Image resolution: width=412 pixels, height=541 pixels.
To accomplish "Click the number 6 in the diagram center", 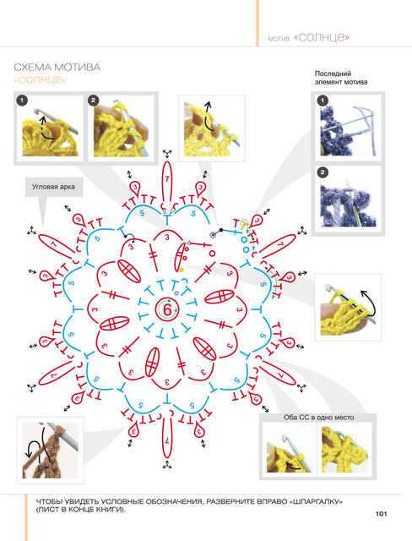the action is click(167, 309).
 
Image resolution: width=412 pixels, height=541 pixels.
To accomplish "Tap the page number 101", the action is click(381, 514).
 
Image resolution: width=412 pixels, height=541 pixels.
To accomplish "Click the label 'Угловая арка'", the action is click(53, 187).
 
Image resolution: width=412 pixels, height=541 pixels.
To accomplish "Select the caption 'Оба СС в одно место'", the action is click(318, 418).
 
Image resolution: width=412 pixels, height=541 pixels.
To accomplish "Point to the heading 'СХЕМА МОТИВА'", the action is click(57, 67).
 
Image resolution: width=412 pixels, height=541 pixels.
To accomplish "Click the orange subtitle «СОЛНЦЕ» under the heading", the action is click(40, 80).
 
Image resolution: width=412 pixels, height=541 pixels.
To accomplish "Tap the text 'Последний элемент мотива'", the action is click(341, 78).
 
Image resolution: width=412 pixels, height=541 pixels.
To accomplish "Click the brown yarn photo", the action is click(51, 451).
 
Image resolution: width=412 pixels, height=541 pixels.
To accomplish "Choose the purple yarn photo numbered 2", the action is click(348, 199).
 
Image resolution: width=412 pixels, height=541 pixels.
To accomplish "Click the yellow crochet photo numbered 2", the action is click(122, 127).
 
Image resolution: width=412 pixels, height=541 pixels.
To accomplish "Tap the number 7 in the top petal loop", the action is click(167, 179).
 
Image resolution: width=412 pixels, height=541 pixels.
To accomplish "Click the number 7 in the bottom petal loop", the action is click(167, 440).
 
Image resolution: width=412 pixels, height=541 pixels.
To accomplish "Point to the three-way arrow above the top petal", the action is click(167, 154).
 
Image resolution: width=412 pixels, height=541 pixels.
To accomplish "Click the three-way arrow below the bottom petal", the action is click(167, 465).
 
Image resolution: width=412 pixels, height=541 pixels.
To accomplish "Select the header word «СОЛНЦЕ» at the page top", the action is click(322, 37).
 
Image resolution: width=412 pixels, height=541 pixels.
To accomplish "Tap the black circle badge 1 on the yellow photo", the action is click(22, 101).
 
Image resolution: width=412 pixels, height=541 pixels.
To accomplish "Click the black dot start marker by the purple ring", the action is click(221, 230).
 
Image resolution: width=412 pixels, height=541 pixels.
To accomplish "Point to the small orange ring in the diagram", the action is click(182, 270).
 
